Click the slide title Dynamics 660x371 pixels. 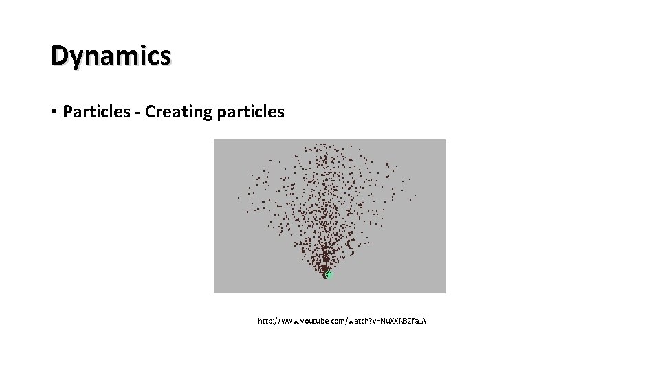[111, 56]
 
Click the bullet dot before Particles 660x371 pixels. [54, 112]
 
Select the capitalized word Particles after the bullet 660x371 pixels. [94, 111]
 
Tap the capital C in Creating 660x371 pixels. [151, 111]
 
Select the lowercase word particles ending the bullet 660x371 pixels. [250, 111]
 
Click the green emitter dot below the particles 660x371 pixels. [329, 275]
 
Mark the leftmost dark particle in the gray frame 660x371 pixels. [239, 198]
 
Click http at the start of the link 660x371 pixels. [265, 321]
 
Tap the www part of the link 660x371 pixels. [289, 321]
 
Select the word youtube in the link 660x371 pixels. [316, 321]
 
